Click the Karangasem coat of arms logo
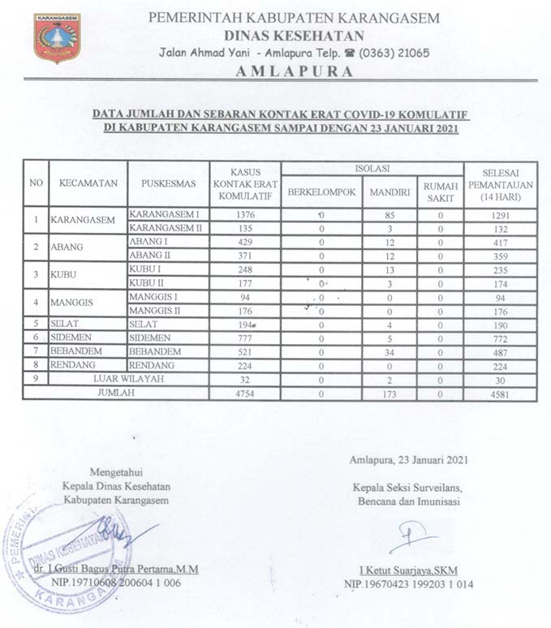pos(57,37)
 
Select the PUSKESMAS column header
pos(169,183)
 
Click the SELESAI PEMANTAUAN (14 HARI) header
pos(500,184)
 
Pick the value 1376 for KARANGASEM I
pos(245,215)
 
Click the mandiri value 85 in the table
pos(390,215)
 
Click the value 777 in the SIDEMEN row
pos(245,338)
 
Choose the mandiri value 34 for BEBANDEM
pos(390,351)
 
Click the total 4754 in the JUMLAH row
pos(245,393)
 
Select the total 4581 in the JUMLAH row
pos(500,393)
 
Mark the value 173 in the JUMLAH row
pos(390,393)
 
